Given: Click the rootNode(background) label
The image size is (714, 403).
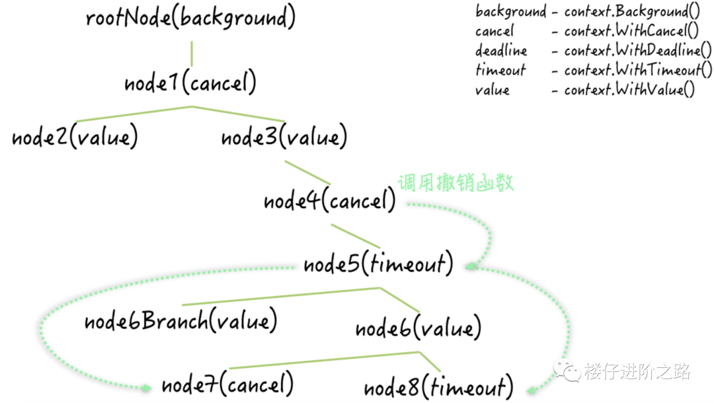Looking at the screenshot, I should pyautogui.click(x=190, y=18).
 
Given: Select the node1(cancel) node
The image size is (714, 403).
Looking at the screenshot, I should pyautogui.click(x=190, y=83).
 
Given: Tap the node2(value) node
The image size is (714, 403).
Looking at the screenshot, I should pyautogui.click(x=75, y=137).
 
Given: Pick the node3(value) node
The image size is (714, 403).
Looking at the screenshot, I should pyautogui.click(x=284, y=137).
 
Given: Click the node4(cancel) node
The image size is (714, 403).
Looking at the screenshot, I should pyautogui.click(x=329, y=201).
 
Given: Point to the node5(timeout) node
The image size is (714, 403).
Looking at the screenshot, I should pyautogui.click(x=378, y=264).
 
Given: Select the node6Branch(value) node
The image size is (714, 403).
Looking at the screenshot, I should pyautogui.click(x=180, y=321).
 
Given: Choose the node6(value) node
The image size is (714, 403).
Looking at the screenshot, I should pyautogui.click(x=418, y=328).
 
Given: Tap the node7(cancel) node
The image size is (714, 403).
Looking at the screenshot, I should pyautogui.click(x=227, y=384).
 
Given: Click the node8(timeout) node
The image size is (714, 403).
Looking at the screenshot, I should pyautogui.click(x=438, y=387).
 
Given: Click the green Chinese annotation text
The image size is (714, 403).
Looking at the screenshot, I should pyautogui.click(x=456, y=183).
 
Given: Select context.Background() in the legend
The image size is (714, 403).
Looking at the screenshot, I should pyautogui.click(x=632, y=11).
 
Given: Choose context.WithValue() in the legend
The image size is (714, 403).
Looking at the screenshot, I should pyautogui.click(x=629, y=89).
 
